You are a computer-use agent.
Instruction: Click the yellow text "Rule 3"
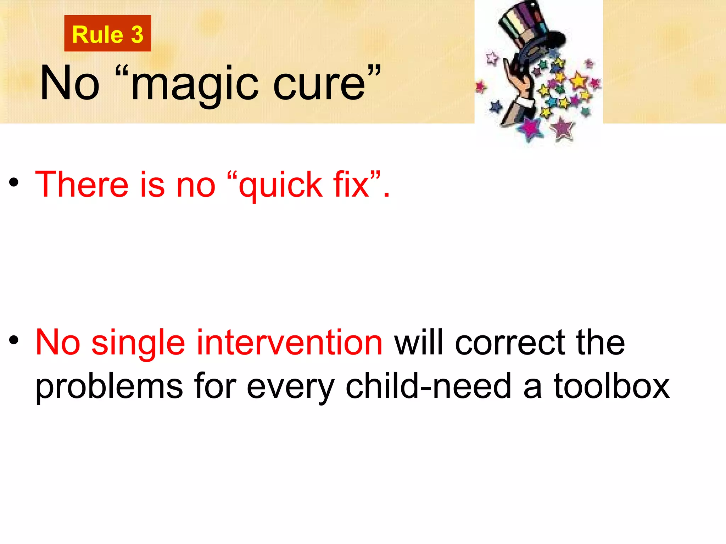[x=107, y=34]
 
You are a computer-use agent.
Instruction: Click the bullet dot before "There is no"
[x=14, y=182]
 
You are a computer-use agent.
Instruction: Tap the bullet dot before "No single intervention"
[x=14, y=340]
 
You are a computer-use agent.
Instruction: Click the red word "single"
[x=138, y=343]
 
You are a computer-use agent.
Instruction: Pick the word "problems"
[x=109, y=387]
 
